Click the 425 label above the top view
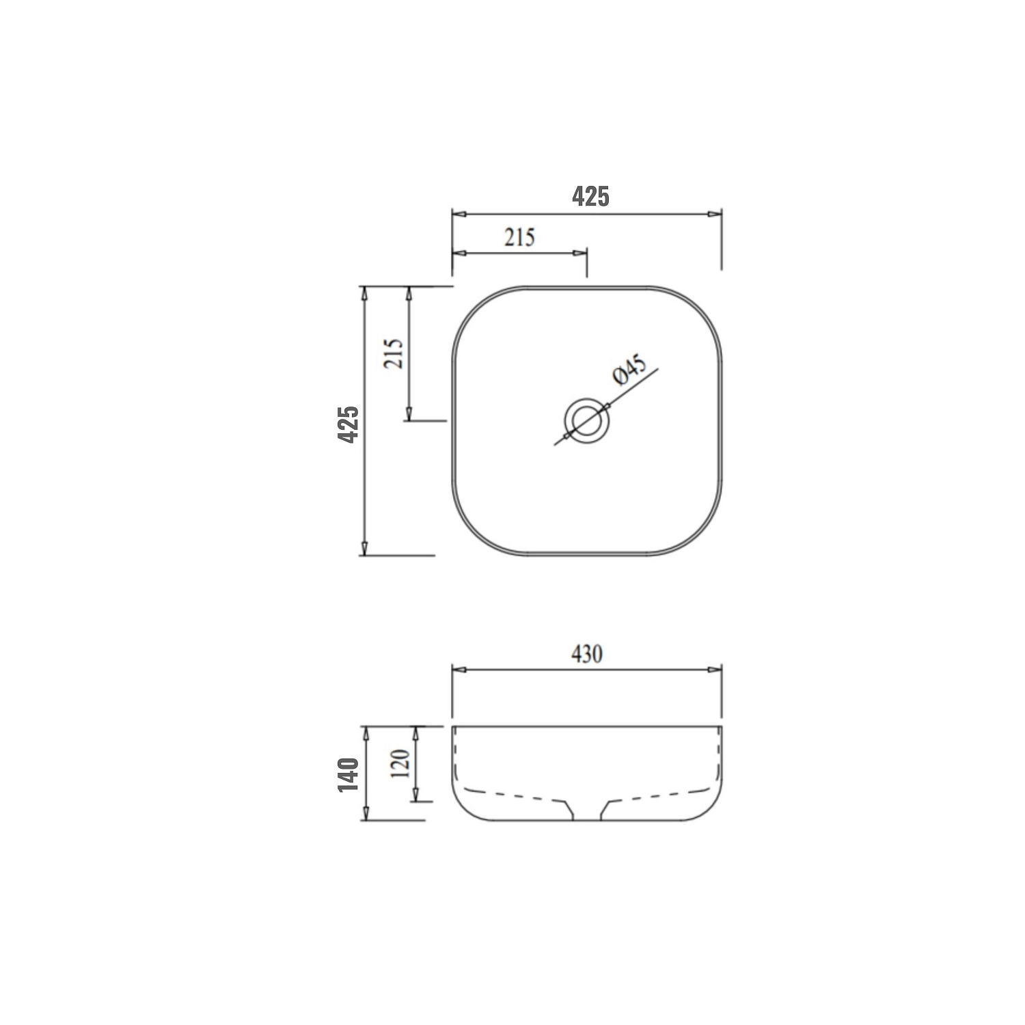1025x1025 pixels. pos(590,197)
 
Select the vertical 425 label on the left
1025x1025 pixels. pos(348,424)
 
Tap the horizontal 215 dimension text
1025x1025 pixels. pos(519,237)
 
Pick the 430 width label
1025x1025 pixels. pos(586,654)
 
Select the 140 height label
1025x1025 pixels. pos(348,774)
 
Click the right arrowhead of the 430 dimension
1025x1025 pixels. pos(715,670)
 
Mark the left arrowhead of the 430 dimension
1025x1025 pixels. pos(459,670)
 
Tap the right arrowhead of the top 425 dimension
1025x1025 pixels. pos(715,214)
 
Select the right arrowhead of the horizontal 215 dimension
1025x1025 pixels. pos(580,254)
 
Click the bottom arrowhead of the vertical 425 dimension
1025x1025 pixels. pos(365,548)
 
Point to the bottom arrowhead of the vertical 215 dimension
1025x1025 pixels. pos(409,413)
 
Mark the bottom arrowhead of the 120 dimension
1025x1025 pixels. pos(415,794)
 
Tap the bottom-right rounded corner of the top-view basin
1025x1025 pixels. pos(702,536)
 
